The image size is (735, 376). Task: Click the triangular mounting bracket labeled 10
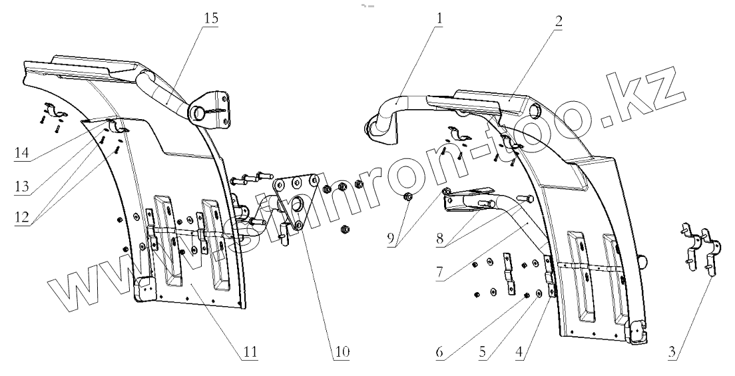(x=297, y=200)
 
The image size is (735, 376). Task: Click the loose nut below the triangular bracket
(x=345, y=230)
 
